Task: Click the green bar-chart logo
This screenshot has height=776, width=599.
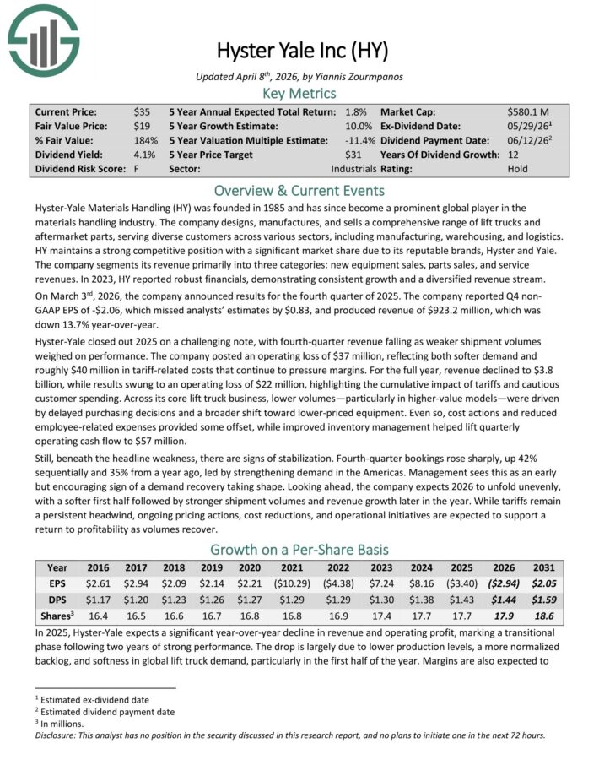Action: coord(43,39)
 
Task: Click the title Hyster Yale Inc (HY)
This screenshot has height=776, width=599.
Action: coord(299,51)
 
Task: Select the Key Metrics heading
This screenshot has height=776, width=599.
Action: coord(299,93)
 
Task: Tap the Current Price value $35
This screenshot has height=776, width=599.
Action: coord(143,111)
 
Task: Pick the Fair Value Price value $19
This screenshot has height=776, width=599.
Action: coord(143,126)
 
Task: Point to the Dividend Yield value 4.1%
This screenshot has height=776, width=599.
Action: coord(145,155)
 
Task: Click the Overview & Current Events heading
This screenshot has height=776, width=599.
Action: coord(299,190)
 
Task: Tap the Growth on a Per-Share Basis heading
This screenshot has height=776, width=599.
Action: coord(299,550)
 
